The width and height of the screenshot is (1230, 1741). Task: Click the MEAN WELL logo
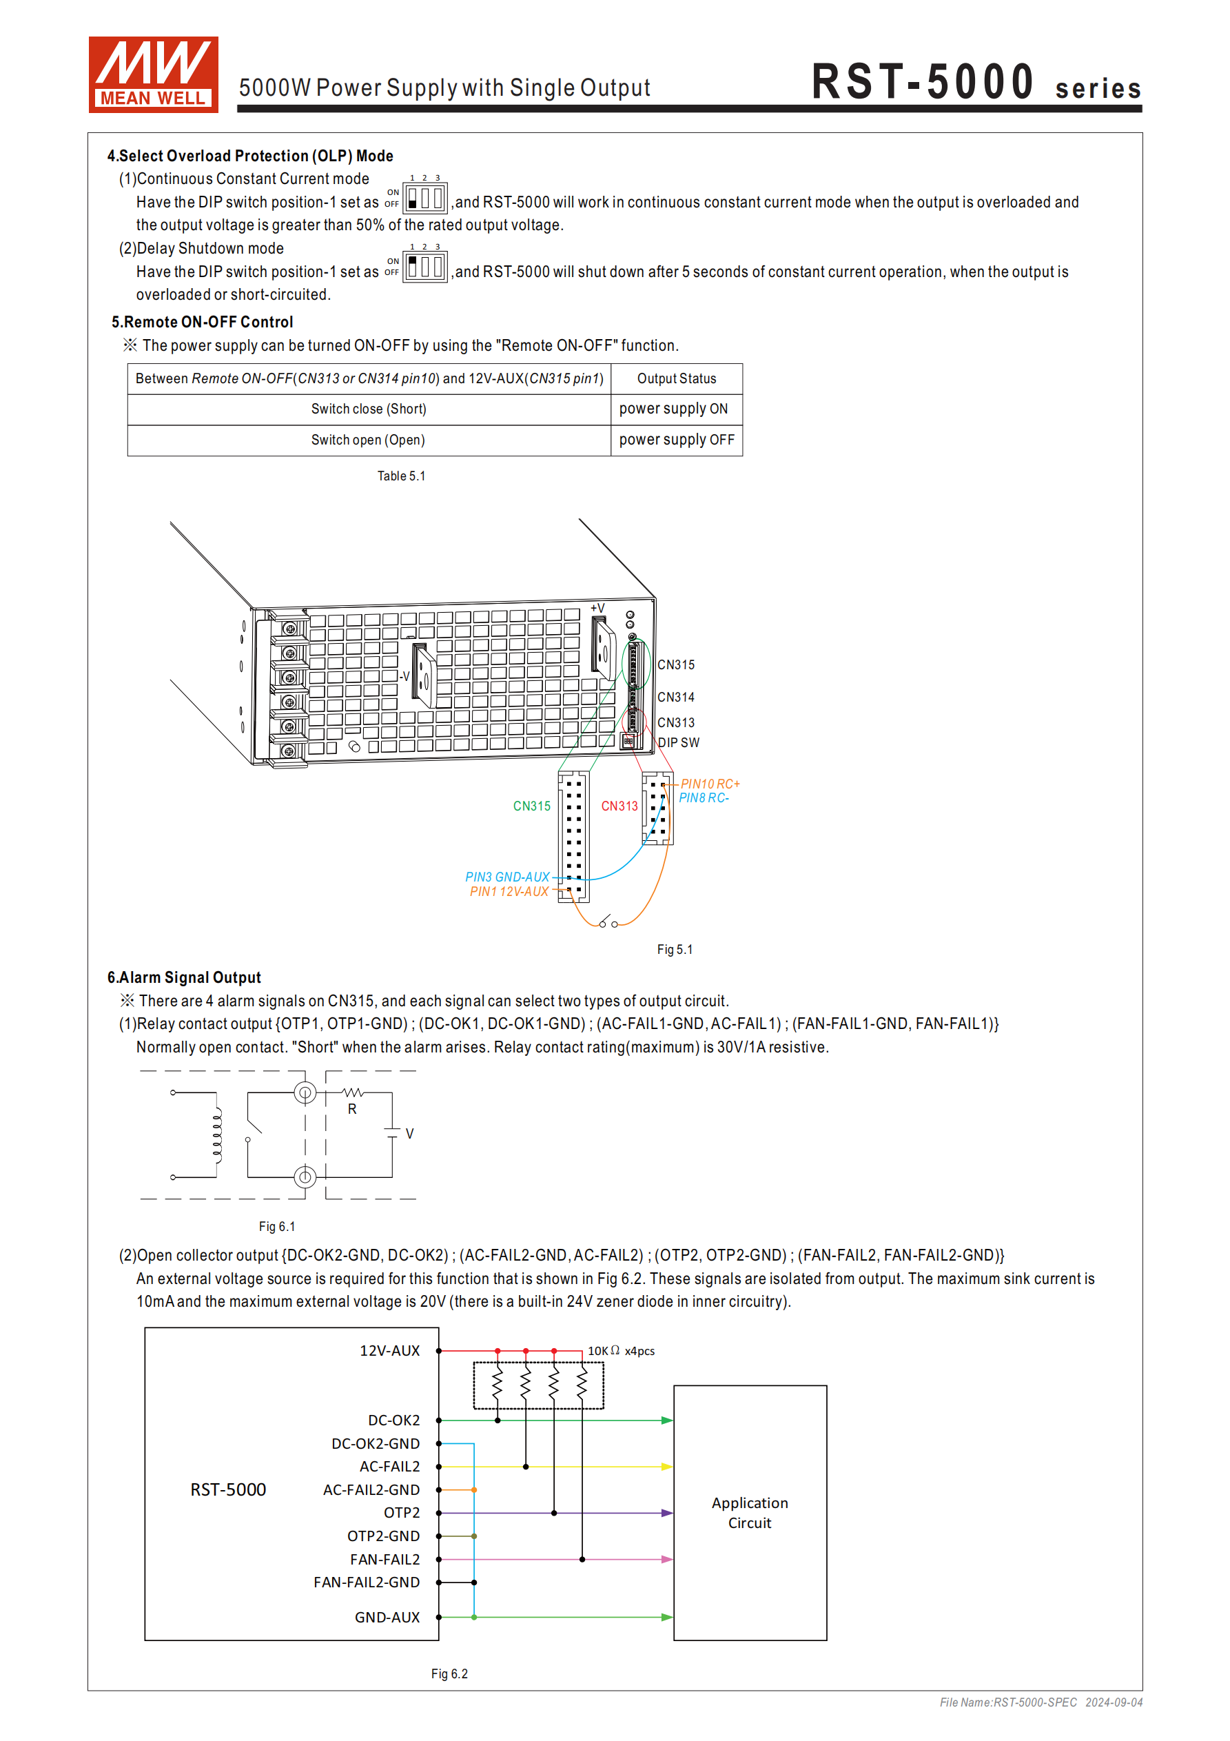coord(153,74)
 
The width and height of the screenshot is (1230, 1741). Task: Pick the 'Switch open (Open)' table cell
coord(368,440)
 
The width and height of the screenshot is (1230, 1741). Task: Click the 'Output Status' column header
coord(677,378)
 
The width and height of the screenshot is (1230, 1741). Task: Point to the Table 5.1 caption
coord(401,476)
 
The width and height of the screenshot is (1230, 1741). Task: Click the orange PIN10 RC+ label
coord(710,784)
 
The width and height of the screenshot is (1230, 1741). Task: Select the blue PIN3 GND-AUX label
coord(507,877)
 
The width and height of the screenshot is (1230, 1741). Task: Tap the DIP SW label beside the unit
coord(679,743)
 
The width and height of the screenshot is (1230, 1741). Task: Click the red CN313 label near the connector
coord(619,806)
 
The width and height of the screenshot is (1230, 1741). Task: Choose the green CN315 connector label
coord(531,806)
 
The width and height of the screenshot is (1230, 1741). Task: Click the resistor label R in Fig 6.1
coord(352,1110)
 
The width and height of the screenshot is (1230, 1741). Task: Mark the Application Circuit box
coord(750,1513)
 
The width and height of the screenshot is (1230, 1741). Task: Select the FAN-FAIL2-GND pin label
coord(367,1582)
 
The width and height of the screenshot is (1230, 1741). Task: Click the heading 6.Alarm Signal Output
coord(184,977)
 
